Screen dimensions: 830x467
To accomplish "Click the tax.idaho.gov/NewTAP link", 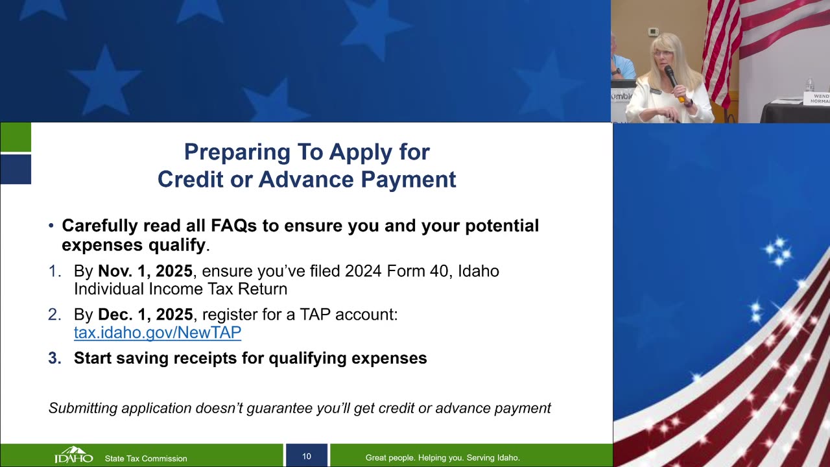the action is coord(158,333).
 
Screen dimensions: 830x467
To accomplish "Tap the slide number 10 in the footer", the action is coord(307,456).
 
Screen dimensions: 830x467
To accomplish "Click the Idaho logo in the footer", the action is coord(74,455).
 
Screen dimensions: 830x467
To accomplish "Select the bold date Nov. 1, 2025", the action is coord(145,271).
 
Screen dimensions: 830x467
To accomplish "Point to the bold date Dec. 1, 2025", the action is coord(145,315).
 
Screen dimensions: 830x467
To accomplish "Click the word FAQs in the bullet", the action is coord(234,226).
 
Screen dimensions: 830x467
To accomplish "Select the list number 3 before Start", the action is coord(54,358).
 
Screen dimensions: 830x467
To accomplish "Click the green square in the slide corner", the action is coord(16,137).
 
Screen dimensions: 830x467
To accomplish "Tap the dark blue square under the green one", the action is coord(16,169).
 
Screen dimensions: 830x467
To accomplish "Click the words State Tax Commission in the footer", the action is coord(146,459).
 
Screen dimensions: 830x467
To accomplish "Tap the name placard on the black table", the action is coord(816,99).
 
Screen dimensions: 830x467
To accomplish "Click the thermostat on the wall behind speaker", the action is coord(653,32).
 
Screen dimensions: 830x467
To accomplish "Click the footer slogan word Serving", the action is coord(479,458).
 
